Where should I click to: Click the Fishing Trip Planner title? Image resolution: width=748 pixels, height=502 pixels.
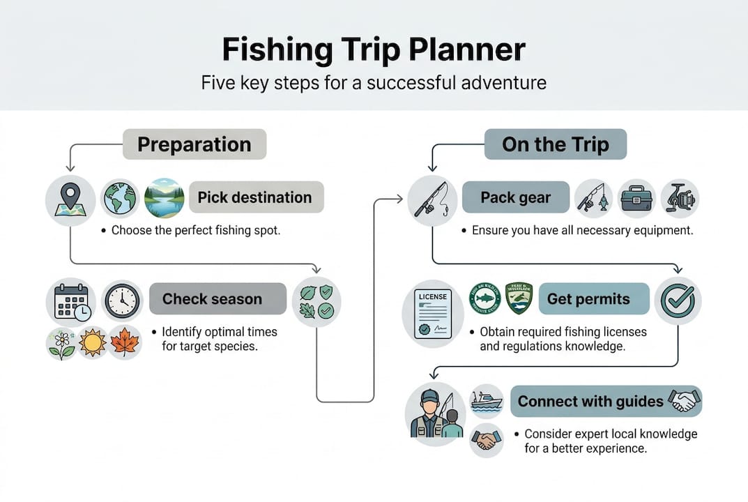point(374,51)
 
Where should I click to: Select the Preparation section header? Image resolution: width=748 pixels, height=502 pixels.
point(194,144)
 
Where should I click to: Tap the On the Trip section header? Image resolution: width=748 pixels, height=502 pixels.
point(555,144)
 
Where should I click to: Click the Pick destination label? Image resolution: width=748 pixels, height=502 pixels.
point(254,197)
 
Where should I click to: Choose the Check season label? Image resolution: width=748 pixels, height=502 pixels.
point(212,299)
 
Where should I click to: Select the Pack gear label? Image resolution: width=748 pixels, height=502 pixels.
point(515,197)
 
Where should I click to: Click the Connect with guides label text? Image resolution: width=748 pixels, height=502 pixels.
point(590,402)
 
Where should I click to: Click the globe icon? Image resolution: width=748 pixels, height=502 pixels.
point(121,198)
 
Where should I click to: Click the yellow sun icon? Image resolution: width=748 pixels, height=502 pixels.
point(93,343)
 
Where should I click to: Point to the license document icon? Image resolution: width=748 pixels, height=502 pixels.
point(432,314)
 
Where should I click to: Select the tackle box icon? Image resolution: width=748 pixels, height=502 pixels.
point(636,198)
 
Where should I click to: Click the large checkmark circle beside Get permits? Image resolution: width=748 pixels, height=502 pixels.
point(678,301)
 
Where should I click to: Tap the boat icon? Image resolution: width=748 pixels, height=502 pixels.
point(486,402)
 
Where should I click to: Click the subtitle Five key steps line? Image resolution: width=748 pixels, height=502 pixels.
point(374,83)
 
